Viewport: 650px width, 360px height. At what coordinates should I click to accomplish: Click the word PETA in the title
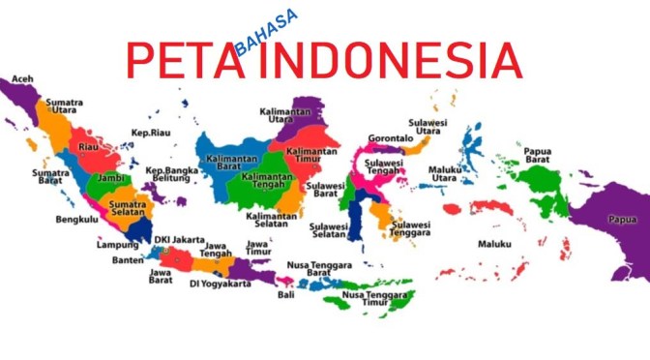tap(183, 61)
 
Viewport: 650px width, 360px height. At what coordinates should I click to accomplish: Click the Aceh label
tap(23, 79)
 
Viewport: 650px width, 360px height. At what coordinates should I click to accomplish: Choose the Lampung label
tap(118, 245)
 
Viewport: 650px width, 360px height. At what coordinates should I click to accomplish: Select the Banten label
tap(128, 258)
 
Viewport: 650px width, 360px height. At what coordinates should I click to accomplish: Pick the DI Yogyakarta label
tap(220, 284)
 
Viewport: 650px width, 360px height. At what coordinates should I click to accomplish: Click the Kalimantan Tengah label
tap(269, 182)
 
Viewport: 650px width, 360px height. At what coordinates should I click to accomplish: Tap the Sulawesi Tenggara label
tap(410, 228)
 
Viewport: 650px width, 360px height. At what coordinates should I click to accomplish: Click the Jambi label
tap(112, 179)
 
